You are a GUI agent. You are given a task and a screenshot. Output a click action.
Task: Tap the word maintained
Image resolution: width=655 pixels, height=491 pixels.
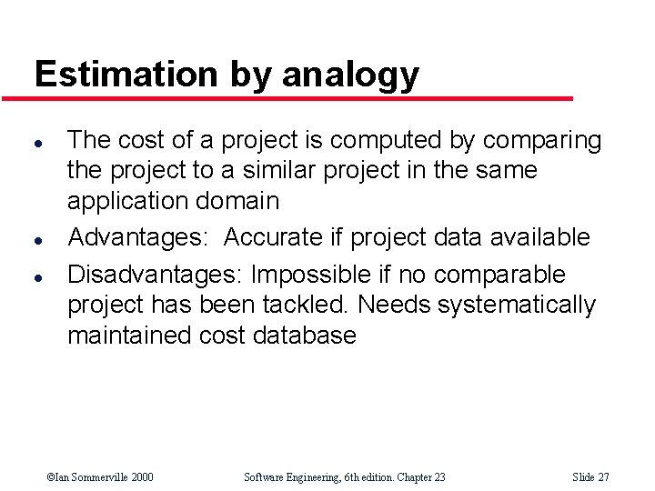click(x=129, y=336)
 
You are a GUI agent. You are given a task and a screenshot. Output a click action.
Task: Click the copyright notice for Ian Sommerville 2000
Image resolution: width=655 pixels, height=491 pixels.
click(x=100, y=476)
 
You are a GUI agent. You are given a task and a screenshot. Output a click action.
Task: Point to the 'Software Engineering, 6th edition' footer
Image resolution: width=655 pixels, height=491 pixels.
click(x=345, y=476)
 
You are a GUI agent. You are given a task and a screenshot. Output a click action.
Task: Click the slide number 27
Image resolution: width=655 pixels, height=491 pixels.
click(x=591, y=476)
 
